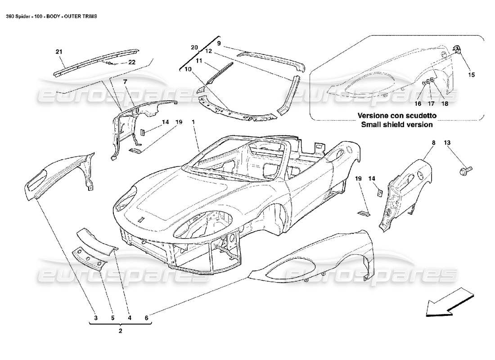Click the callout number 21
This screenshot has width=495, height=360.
pyautogui.click(x=59, y=52)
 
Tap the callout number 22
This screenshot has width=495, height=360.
pyautogui.click(x=132, y=62)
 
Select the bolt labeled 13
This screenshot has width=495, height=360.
pyautogui.click(x=464, y=170)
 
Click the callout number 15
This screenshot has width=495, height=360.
pyautogui.click(x=471, y=75)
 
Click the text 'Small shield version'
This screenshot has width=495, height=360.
pyautogui.click(x=397, y=124)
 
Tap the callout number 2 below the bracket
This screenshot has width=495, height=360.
pyautogui.click(x=120, y=330)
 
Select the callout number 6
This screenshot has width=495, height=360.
pyautogui.click(x=147, y=318)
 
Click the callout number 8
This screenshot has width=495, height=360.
pyautogui.click(x=434, y=143)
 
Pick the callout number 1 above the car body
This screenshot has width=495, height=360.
pyautogui.click(x=193, y=122)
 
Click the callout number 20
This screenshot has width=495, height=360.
pyautogui.click(x=194, y=47)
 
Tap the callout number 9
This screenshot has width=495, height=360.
pyautogui.click(x=219, y=43)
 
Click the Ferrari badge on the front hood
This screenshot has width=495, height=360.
pyautogui.click(x=141, y=219)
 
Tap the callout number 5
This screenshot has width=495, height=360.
pyautogui.click(x=112, y=318)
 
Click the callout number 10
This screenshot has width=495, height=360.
pyautogui.click(x=187, y=68)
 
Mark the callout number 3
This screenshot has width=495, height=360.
pyautogui.click(x=95, y=318)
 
